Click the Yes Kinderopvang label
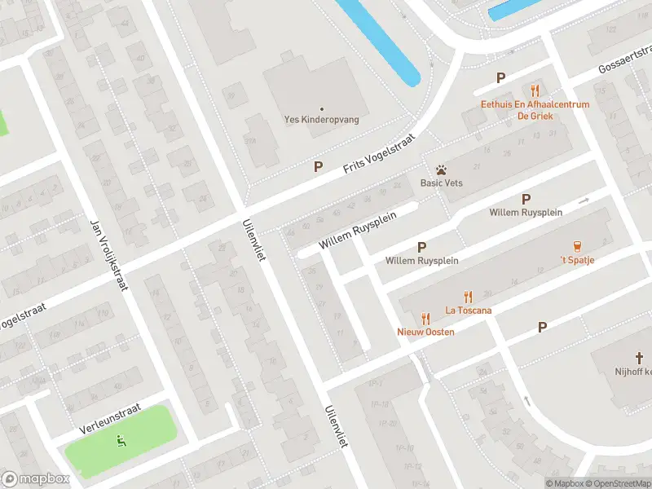pyautogui.click(x=321, y=119)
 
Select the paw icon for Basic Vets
pyautogui.click(x=440, y=170)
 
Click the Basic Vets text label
pyautogui.click(x=441, y=183)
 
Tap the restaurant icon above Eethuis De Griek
pyautogui.click(x=535, y=90)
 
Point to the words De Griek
pyautogui.click(x=535, y=116)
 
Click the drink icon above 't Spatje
pyautogui.click(x=577, y=246)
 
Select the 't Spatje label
pyautogui.click(x=577, y=260)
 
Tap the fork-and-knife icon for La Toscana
pyautogui.click(x=468, y=297)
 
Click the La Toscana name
pyautogui.click(x=468, y=310)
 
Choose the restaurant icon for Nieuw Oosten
pyautogui.click(x=425, y=319)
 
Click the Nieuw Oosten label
pyautogui.click(x=425, y=332)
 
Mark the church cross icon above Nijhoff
pyautogui.click(x=640, y=357)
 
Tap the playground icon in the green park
pyautogui.click(x=121, y=442)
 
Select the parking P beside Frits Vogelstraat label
pyautogui.click(x=319, y=166)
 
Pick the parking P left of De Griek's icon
pyautogui.click(x=501, y=78)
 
